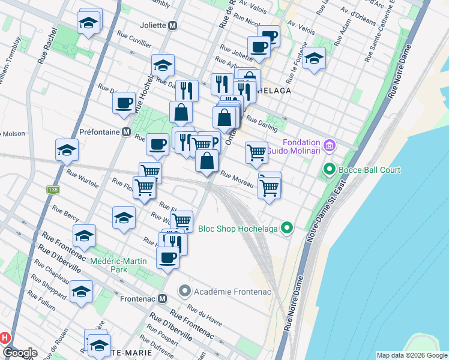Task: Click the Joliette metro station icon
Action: tap(173, 26)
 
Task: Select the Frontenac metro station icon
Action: tap(163, 298)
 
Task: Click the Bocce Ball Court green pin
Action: tap(329, 170)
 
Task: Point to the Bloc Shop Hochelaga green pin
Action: tap(287, 228)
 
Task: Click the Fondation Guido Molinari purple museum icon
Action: tap(328, 145)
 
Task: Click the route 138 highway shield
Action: tap(52, 190)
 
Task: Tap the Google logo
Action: tap(20, 353)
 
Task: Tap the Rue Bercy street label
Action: tap(65, 214)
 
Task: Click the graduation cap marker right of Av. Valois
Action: tap(313, 58)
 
